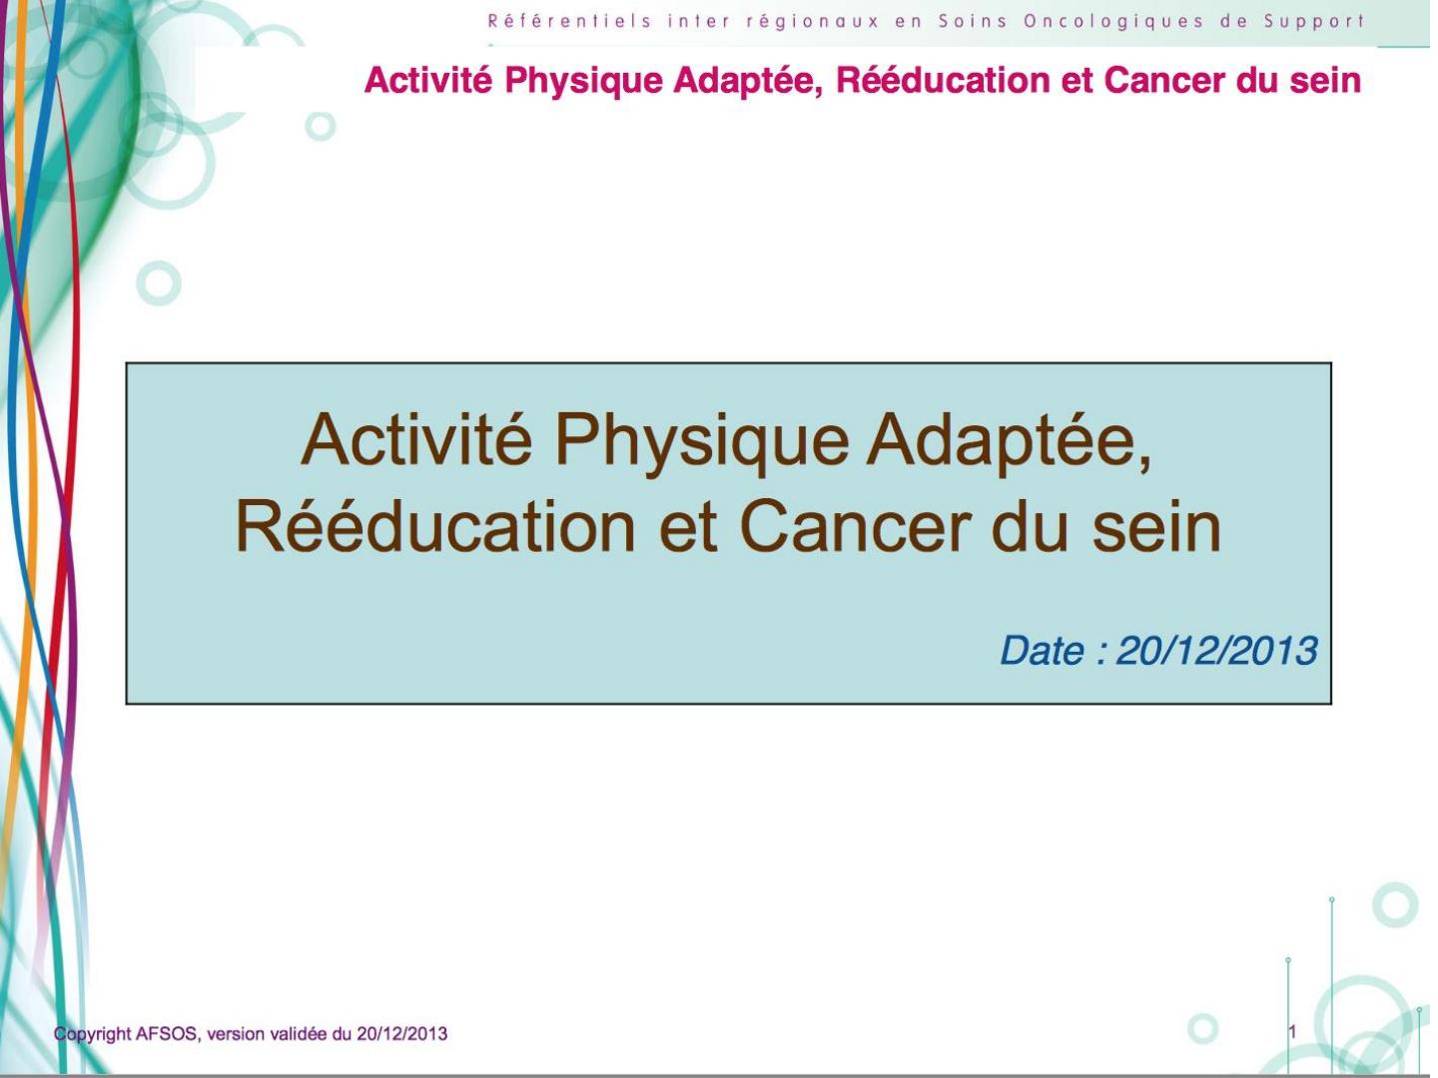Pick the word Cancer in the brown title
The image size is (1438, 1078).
pos(856,528)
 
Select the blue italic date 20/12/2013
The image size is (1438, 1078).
pos(1216,651)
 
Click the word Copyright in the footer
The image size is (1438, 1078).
pos(93,1034)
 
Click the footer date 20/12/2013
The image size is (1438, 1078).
pos(402,1033)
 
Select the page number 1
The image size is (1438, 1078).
pos(1292,1031)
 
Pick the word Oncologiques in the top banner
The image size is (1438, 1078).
pos(1113,22)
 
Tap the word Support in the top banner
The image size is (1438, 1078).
pos(1313,22)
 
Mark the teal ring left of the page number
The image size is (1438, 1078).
pos(1202,1014)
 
